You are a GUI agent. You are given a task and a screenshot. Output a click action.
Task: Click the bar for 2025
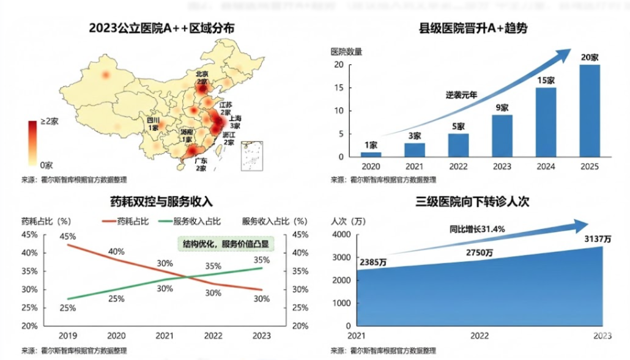pos(589,111)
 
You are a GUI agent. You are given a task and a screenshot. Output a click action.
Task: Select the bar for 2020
pos(371,154)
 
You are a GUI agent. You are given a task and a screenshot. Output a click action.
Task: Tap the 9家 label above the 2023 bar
pos(502,108)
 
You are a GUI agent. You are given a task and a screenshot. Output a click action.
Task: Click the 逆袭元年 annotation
pos(461,95)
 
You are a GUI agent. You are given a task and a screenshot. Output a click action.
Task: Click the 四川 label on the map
pos(153,120)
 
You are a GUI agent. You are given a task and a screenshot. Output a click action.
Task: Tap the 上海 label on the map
pos(235,117)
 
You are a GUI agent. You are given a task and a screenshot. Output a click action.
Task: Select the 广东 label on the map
pos(200,161)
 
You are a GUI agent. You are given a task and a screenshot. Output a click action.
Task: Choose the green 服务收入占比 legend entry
pos(190,221)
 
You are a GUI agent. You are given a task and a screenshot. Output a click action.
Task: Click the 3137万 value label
pos(598,239)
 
